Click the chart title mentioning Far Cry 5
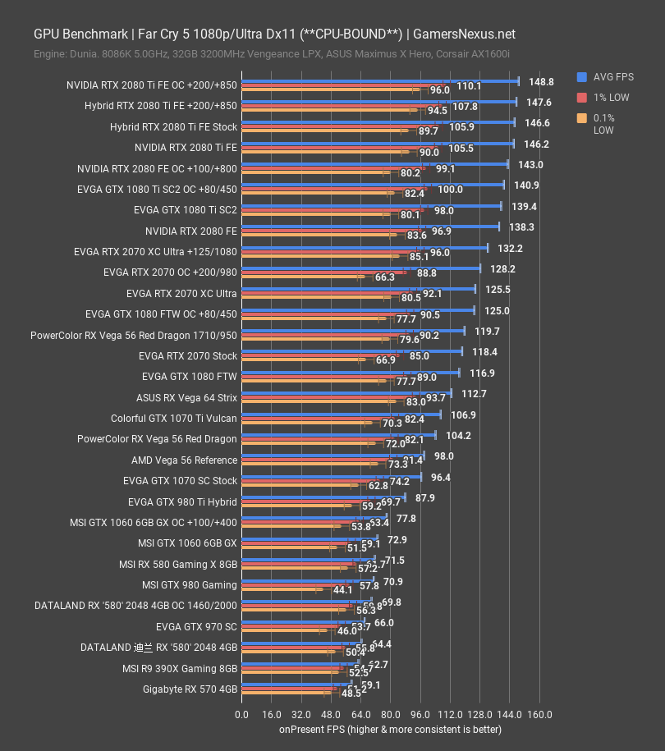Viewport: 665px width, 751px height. (x=274, y=34)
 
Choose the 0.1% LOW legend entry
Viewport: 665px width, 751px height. (x=603, y=124)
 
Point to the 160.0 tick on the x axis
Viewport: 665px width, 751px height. (x=540, y=713)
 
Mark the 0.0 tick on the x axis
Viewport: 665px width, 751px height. (x=242, y=713)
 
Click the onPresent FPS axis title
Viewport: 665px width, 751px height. (x=390, y=729)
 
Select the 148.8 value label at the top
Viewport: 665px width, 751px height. (x=541, y=82)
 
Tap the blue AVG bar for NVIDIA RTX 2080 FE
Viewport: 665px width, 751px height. (x=369, y=227)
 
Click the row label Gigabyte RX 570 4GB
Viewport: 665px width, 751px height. (x=190, y=689)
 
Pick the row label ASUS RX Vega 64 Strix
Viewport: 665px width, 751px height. (x=186, y=398)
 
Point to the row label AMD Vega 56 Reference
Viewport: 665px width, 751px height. (x=184, y=460)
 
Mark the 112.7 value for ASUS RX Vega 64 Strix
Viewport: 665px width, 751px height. (x=474, y=394)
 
